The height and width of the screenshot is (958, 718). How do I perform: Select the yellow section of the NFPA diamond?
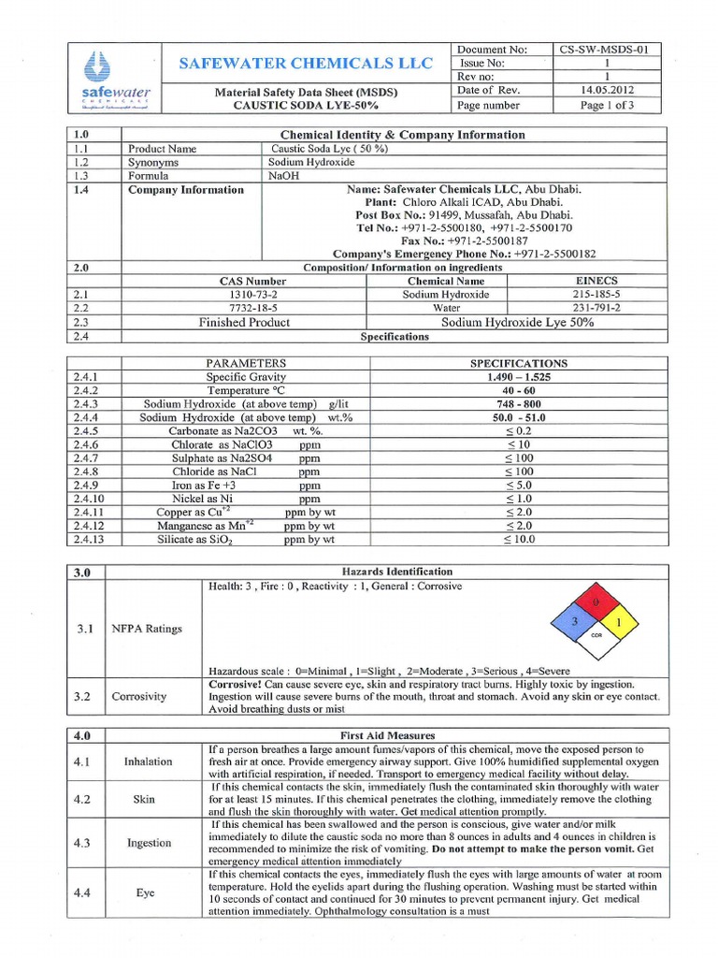(617, 621)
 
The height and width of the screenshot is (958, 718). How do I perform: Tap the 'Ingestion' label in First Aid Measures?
(149, 843)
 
